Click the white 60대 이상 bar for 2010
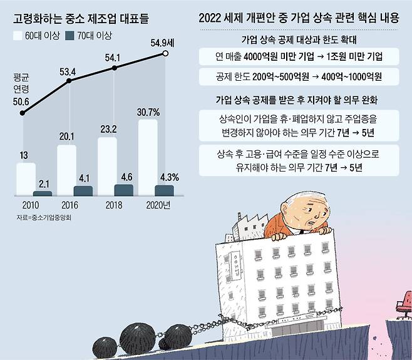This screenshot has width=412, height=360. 26,180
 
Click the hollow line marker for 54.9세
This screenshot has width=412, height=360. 165,54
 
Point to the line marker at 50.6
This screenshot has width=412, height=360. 23,113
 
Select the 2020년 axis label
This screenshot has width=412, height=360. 158,205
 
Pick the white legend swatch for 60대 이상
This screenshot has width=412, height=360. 19,36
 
